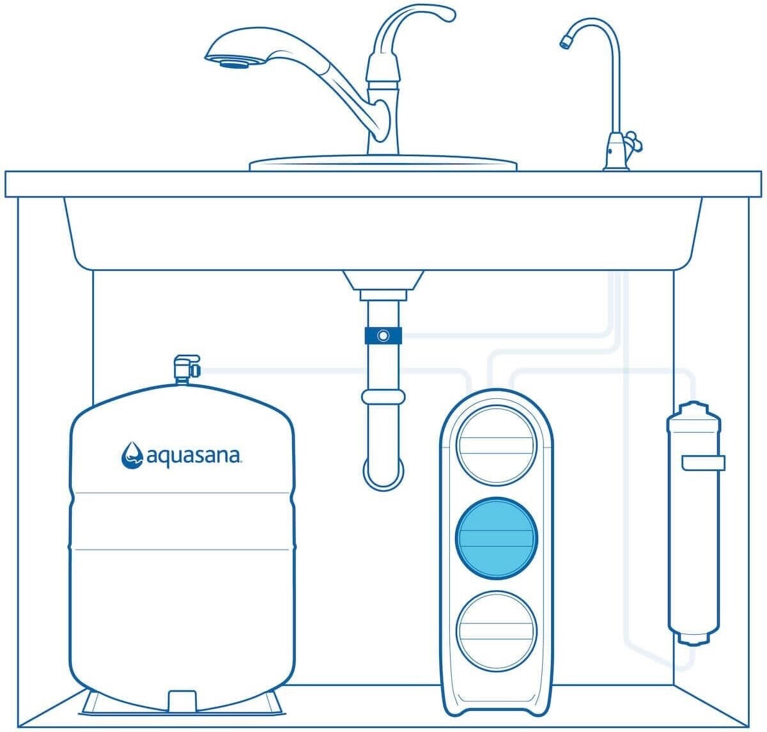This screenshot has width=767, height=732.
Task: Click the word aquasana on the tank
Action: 193,456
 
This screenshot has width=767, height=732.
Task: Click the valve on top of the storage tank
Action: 187,368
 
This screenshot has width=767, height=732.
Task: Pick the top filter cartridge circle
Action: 496,446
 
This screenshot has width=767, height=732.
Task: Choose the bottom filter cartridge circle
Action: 496,631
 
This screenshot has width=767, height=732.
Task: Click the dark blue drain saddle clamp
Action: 383,336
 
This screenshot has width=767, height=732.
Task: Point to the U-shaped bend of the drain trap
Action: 383,474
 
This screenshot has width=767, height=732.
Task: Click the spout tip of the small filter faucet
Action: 564,42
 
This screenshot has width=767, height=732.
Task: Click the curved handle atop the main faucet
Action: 414,27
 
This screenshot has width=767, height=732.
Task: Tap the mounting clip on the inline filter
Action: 703,463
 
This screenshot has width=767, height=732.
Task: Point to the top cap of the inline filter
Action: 694,410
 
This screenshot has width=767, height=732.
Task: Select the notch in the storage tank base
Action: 182,701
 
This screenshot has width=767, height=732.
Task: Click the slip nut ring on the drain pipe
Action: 383,397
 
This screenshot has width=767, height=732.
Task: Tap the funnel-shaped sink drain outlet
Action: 383,281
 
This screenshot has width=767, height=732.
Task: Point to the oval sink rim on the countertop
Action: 383,164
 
